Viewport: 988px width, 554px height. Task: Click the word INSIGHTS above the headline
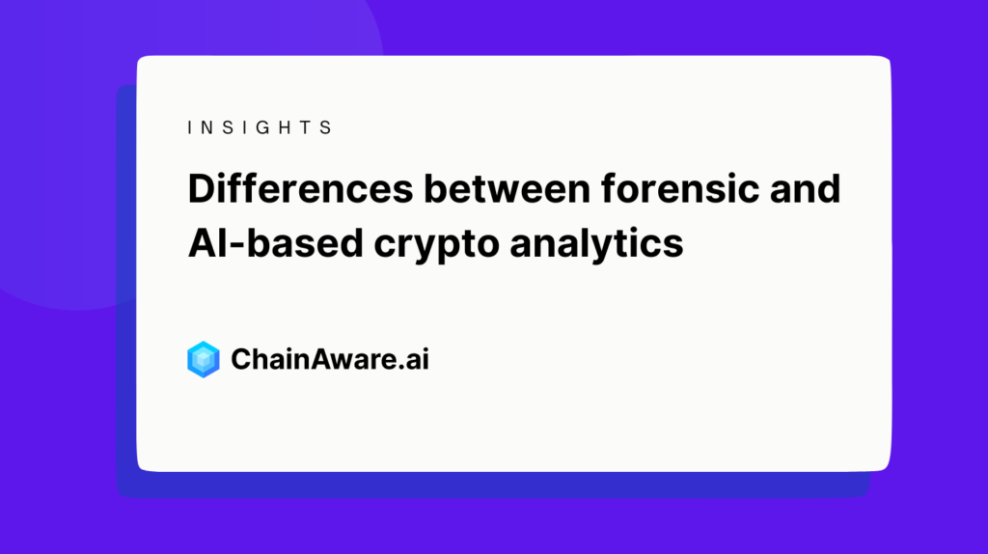[260, 127]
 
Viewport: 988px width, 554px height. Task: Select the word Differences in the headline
[299, 189]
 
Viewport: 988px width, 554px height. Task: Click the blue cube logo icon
[204, 359]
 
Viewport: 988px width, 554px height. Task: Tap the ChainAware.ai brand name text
[330, 360]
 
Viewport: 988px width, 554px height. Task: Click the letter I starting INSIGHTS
[190, 127]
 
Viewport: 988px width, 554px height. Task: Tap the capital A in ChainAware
[308, 360]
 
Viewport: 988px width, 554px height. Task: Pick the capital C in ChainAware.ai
[241, 360]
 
